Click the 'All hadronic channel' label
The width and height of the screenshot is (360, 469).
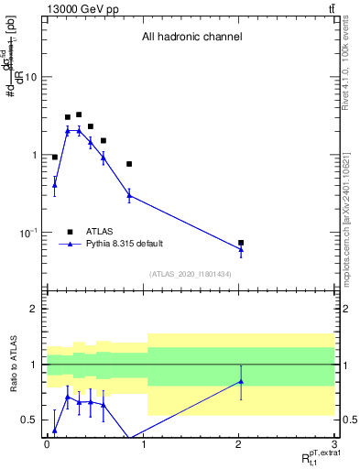191,38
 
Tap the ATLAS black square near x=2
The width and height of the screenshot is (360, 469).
241,243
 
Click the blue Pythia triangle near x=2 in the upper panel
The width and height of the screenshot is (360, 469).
241,249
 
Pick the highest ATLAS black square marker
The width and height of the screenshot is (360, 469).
79,115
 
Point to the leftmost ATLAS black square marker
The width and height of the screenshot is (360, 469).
55,158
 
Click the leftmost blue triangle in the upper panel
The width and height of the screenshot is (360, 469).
55,185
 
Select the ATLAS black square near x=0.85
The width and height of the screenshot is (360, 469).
129,164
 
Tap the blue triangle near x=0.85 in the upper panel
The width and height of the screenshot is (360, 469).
129,195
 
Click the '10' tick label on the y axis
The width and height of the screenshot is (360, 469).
31,77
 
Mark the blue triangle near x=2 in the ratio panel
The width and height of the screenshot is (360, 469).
241,381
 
